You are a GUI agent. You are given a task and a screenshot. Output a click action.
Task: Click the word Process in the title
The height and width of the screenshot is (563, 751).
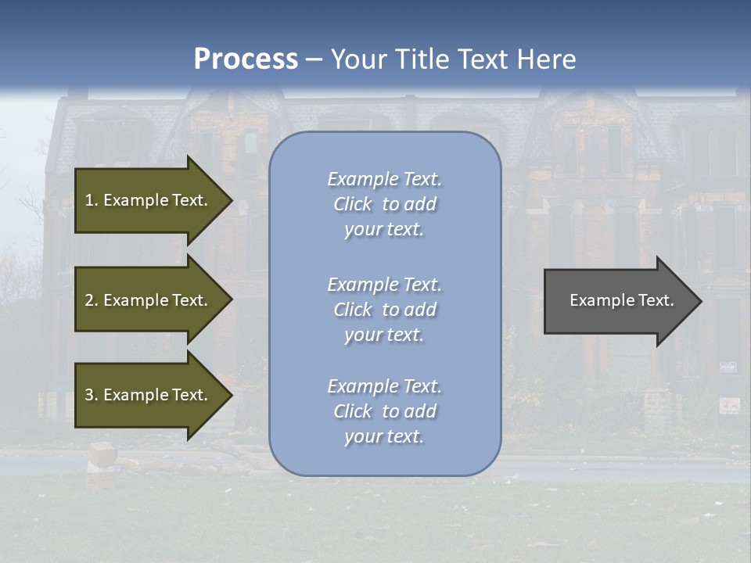pyautogui.click(x=246, y=59)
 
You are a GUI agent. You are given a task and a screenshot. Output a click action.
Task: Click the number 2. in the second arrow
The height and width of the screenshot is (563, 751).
pyautogui.click(x=92, y=300)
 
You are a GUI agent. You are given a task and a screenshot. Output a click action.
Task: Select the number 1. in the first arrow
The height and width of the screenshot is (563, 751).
pyautogui.click(x=92, y=200)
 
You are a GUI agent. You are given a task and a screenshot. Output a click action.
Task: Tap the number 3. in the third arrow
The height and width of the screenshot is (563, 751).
pyautogui.click(x=92, y=395)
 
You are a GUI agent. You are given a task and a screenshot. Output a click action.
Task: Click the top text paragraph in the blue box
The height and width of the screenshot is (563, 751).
pyautogui.click(x=384, y=204)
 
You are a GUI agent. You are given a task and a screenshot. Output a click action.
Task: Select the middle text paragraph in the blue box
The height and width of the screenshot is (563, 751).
pyautogui.click(x=384, y=310)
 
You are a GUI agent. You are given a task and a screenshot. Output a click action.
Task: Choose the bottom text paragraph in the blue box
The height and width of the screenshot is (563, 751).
pyautogui.click(x=384, y=411)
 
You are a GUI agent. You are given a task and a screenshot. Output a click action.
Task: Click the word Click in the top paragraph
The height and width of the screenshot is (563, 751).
pyautogui.click(x=352, y=204)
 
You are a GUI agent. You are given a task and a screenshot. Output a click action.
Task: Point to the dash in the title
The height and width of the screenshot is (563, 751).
pyautogui.click(x=314, y=60)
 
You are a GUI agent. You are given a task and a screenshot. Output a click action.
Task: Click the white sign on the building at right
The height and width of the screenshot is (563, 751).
pyautogui.click(x=729, y=405)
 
